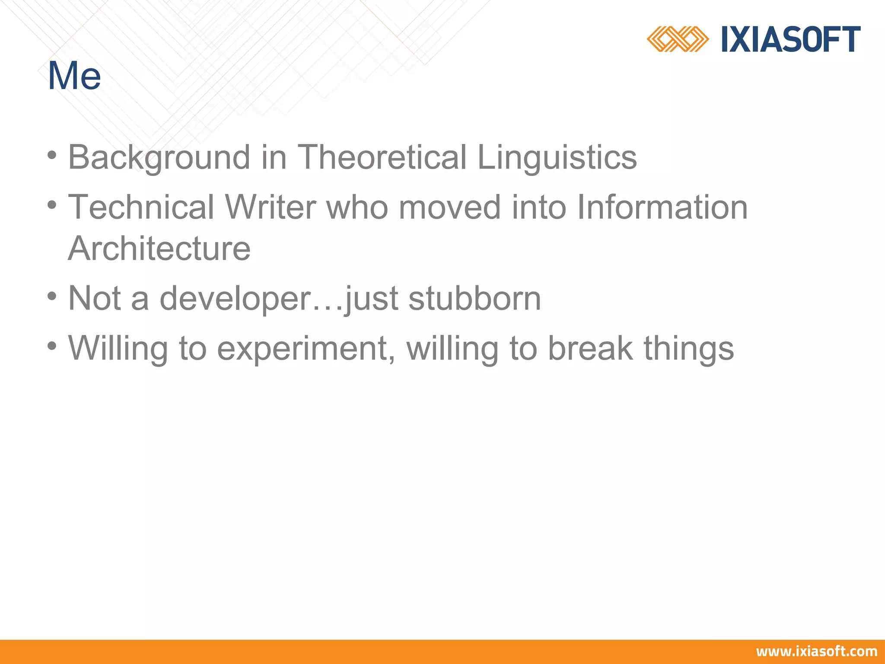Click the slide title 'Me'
pos(74,76)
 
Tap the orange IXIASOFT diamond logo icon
pos(677,39)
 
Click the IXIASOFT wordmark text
pos(791,39)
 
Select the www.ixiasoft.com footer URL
pos(816,651)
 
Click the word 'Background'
pos(159,157)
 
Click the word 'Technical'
pos(141,207)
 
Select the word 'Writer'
pos(271,207)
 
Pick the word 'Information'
pos(662,207)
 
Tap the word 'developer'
pos(235,299)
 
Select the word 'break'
pos(590,348)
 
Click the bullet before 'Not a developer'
pos(52,297)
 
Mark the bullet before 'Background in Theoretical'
pos(52,155)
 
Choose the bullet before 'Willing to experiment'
pos(52,346)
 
